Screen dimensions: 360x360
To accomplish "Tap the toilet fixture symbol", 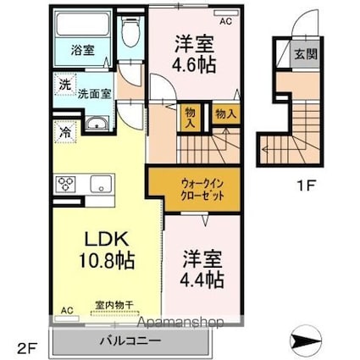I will pos(129,34).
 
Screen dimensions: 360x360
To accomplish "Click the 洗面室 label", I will pos(94,95).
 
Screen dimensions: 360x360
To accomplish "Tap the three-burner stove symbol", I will pos(67,183).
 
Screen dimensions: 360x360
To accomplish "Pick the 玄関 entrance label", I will pos(303,54).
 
